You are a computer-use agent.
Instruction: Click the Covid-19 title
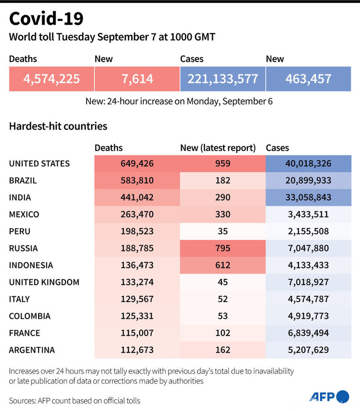tap(46, 19)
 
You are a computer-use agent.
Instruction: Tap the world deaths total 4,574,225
tap(52, 79)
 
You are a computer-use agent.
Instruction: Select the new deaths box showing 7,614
tap(137, 79)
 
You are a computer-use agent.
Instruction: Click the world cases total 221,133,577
tap(223, 79)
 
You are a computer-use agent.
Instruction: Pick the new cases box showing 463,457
tap(308, 79)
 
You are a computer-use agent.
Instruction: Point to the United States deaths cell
tap(137, 164)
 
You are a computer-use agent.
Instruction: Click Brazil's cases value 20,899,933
tap(308, 181)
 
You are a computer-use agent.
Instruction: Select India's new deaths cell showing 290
tap(223, 197)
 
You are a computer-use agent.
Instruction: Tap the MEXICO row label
tap(24, 214)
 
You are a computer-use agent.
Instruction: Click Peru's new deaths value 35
tap(223, 231)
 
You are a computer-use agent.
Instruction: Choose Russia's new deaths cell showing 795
tap(223, 248)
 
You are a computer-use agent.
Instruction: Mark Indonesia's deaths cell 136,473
tap(137, 265)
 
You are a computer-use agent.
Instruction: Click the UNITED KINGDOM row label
tap(44, 282)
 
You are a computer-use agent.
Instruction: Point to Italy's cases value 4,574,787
tap(308, 299)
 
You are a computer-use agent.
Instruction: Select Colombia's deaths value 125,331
tap(137, 316)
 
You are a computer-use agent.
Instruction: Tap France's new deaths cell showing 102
tap(223, 333)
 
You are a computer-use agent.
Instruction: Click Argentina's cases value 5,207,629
tap(308, 350)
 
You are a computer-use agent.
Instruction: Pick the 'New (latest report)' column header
tap(218, 148)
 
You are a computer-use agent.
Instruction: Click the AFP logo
tap(329, 397)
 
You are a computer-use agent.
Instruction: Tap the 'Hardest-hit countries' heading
tap(58, 126)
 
